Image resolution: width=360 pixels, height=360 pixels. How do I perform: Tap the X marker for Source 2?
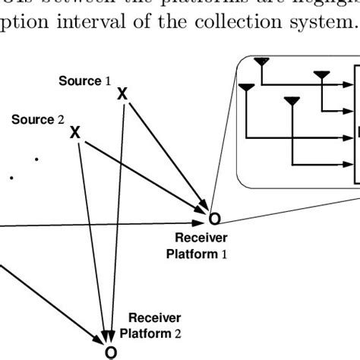(75, 133)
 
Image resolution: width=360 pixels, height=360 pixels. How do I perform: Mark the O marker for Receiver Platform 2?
(110, 352)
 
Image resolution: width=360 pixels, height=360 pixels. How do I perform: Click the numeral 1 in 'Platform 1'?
(224, 254)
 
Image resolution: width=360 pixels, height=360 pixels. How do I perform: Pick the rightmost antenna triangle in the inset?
(322, 74)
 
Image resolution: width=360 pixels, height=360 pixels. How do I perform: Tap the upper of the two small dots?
(36, 159)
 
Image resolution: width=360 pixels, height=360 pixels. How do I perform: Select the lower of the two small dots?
(11, 178)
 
